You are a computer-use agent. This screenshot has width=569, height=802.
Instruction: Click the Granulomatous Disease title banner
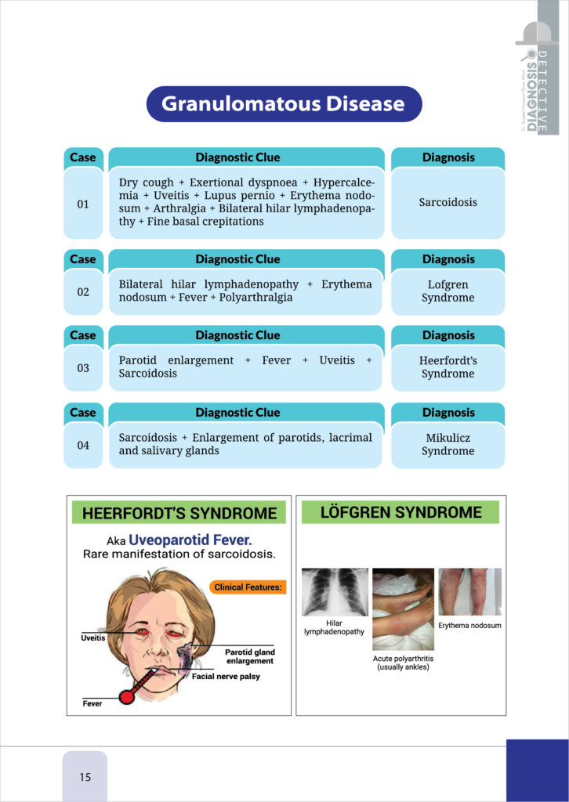tap(284, 104)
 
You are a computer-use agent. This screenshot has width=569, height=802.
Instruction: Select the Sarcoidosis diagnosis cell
tap(448, 202)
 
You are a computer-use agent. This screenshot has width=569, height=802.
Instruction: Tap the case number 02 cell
tap(83, 292)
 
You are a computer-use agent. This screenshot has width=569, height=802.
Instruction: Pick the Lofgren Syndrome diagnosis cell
tap(448, 291)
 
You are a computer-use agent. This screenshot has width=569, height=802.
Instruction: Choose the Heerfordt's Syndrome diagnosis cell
tap(448, 367)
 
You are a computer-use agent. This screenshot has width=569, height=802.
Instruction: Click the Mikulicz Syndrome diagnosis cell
tap(448, 445)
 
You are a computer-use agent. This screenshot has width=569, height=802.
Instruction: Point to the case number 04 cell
tap(83, 445)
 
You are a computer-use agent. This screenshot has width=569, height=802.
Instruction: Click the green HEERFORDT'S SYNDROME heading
tap(179, 514)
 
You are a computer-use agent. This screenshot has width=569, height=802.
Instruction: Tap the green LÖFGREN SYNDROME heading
tap(400, 512)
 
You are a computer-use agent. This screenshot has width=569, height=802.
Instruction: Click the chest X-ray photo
tap(335, 592)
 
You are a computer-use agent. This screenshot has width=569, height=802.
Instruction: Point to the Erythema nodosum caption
tap(469, 626)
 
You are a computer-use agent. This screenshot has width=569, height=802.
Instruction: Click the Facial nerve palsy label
tap(226, 676)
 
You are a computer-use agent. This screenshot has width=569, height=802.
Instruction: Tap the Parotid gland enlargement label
tap(249, 656)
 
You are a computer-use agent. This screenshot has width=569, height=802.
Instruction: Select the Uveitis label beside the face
tap(93, 638)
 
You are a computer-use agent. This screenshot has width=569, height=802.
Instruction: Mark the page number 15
tap(85, 777)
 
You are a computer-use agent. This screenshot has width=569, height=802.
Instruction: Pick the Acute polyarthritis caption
tap(403, 663)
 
